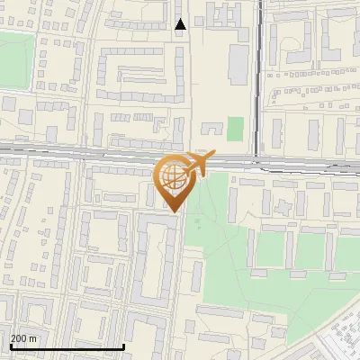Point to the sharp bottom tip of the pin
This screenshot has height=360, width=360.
point(175,212)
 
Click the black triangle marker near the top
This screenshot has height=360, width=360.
point(181,24)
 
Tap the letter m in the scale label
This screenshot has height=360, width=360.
point(33,338)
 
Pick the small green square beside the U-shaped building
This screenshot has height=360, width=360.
point(235,129)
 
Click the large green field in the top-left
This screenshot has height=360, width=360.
point(18,58)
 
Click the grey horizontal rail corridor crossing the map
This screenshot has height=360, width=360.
point(90,152)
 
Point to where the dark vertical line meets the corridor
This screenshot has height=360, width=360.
point(259,160)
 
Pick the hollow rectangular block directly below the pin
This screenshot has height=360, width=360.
point(155,261)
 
